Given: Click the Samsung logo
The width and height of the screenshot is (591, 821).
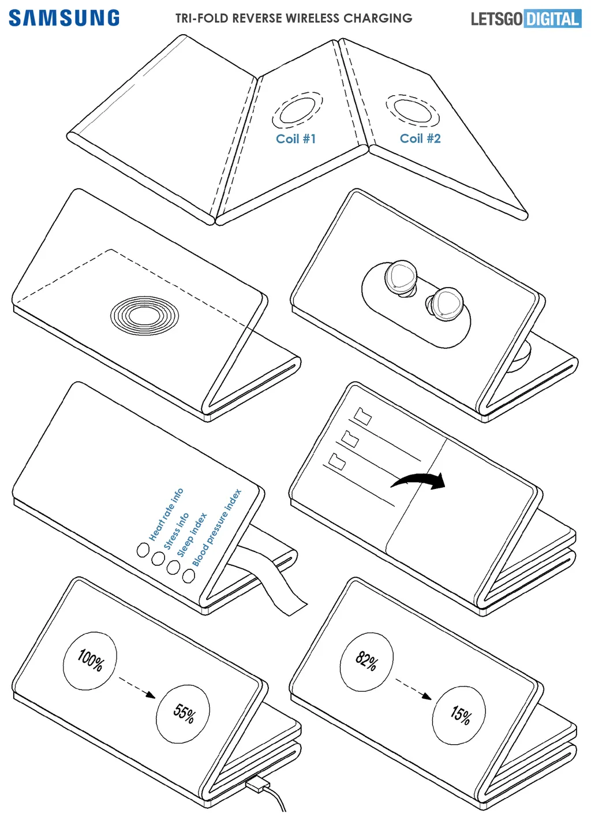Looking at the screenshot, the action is (x=64, y=18).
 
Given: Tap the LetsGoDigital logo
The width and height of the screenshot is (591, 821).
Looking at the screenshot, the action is (x=526, y=19).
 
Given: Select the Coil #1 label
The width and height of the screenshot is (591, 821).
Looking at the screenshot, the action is (x=295, y=139).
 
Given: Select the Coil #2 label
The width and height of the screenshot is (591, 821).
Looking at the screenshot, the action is (x=420, y=139).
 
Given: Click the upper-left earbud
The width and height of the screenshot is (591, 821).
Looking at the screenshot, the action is (x=401, y=278).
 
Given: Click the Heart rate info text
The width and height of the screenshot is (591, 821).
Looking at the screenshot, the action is (x=166, y=514).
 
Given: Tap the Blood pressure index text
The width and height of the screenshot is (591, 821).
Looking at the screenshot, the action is (x=217, y=528).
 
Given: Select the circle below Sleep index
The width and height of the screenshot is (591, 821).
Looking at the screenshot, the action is (x=173, y=567).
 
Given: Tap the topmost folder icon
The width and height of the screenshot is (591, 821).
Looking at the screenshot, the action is (x=362, y=416).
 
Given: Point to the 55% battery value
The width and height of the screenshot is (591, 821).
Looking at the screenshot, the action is (x=184, y=713).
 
